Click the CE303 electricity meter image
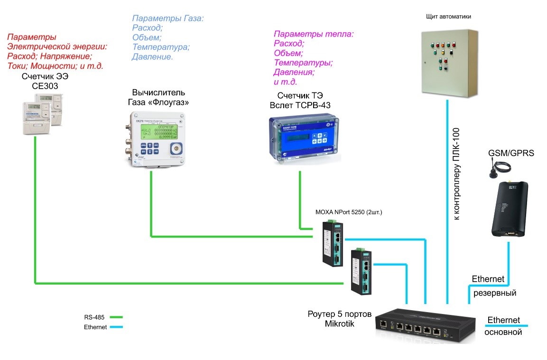coord(43,113)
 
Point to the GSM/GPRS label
coord(511,153)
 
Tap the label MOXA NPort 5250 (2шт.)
coord(349,212)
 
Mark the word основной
coord(503,332)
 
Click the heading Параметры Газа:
coord(168,19)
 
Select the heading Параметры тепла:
coord(314,34)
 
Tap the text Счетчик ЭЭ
coord(42,77)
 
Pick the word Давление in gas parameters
coord(152,57)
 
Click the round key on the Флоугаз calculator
coord(176,148)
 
